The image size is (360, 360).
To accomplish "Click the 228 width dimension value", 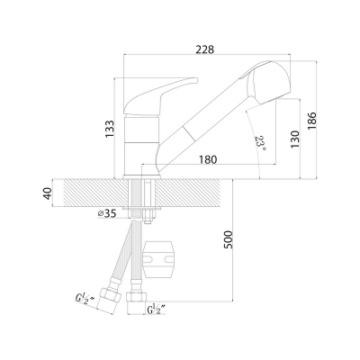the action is [205, 49].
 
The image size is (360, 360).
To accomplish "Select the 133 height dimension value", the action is [110, 130].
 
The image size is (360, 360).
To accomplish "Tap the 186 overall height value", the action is [311, 121].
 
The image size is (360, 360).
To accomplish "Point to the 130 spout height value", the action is [295, 139].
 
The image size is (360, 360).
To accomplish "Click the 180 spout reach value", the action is [208, 159].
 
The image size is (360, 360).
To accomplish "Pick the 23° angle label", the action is [260, 143].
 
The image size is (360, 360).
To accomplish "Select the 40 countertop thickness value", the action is [48, 193].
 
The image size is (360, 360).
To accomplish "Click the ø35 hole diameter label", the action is [107, 213].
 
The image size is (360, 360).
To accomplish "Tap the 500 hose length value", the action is [228, 239].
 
